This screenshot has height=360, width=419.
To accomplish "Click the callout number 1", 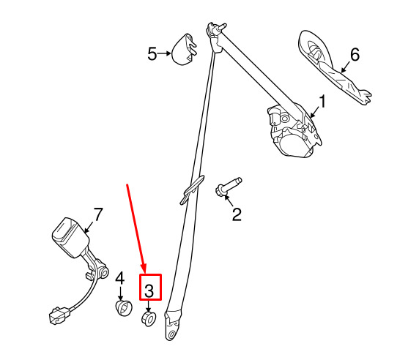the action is (x=323, y=102).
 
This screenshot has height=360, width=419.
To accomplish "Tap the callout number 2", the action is (x=237, y=214).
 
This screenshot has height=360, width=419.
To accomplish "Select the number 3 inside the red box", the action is (x=149, y=291).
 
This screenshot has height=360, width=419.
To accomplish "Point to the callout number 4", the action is (x=120, y=278).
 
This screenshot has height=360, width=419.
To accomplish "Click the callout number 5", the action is (x=152, y=53).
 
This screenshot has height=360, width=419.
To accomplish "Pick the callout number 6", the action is (x=355, y=55).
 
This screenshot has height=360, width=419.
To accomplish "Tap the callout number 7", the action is (x=98, y=214).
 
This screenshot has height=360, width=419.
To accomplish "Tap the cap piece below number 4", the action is (x=124, y=308).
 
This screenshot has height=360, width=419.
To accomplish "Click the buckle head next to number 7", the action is (x=70, y=238).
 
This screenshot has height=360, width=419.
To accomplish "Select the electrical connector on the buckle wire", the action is (x=59, y=315).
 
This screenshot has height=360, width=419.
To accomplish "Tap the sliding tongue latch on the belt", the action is (x=192, y=190).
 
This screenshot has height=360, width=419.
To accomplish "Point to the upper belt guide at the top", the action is (x=215, y=36).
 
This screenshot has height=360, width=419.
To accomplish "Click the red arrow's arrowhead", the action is (x=144, y=269).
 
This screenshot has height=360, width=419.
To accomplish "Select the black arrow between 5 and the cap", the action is (x=164, y=53).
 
